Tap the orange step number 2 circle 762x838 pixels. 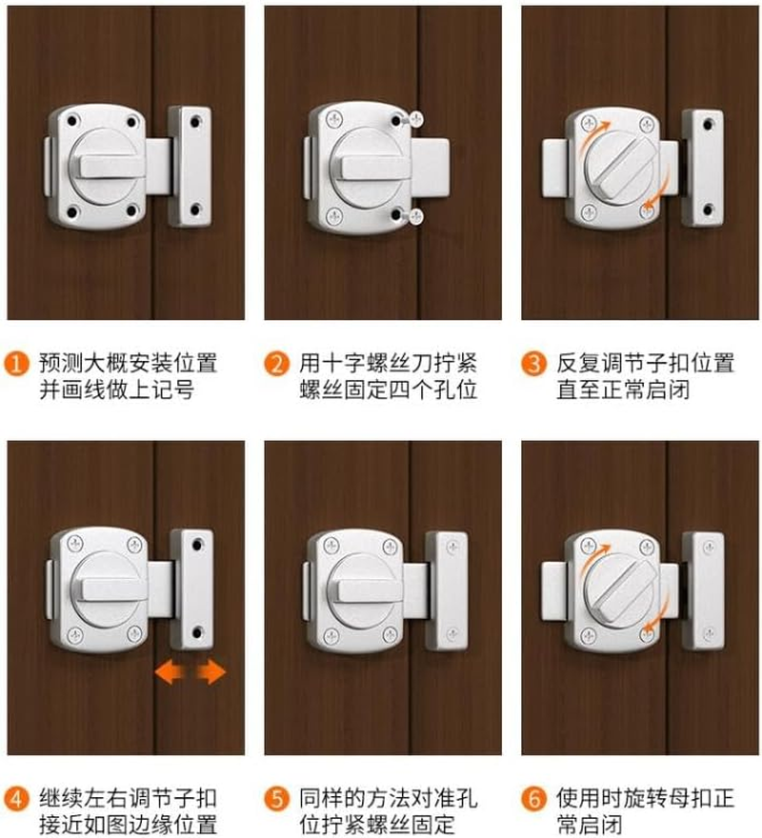[275, 363]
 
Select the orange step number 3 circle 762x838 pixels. [533, 363]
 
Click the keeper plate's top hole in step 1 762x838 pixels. [196, 122]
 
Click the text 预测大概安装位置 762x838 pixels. [128, 363]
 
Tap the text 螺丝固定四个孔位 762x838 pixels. [386, 389]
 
